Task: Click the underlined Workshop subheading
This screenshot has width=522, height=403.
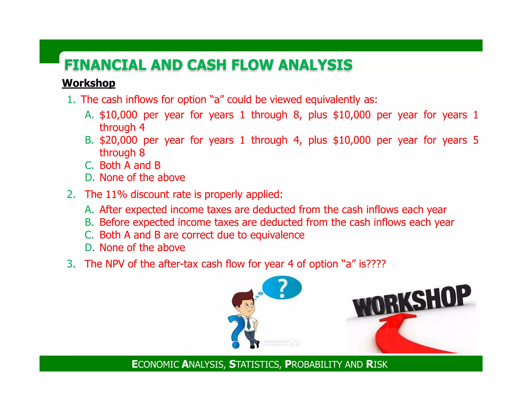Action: coord(88,83)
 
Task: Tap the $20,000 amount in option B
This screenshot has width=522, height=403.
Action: coord(118,140)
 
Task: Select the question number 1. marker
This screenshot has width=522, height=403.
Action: coord(71,100)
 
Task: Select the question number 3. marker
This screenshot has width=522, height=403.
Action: coord(71,264)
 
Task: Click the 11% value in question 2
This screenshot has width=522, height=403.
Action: coord(116,194)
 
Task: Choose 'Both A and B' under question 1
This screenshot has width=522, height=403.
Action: coord(130,165)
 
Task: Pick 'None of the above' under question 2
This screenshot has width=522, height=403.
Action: coord(142,248)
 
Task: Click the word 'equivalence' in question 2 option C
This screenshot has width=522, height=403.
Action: coord(277,235)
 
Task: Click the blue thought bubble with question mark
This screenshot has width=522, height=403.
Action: coord(282,288)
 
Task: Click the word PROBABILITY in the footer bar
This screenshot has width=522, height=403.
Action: coord(314,364)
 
